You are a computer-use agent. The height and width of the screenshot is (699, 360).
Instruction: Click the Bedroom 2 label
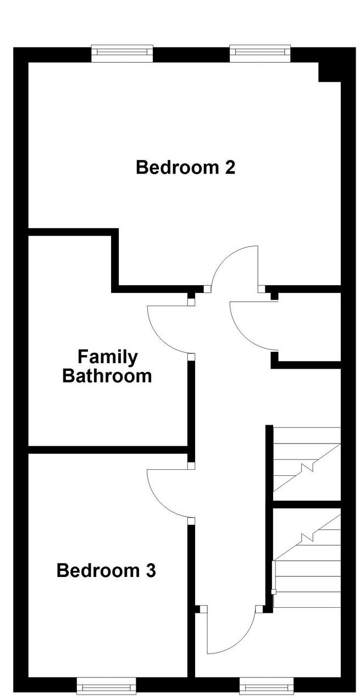coord(185,167)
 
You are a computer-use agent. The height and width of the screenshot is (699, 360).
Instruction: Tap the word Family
coord(107,357)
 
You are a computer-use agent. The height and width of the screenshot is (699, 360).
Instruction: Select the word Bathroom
coord(107,376)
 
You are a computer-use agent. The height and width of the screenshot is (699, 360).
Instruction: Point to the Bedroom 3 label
coord(106,571)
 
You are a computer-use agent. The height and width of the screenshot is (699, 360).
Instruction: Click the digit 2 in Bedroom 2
coord(230,167)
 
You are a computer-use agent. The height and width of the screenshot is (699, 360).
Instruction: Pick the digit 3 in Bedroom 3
coord(150,571)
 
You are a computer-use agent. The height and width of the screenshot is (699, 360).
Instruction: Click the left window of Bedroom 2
coord(121,52)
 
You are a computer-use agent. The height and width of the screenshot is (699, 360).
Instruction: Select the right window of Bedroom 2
coord(259,52)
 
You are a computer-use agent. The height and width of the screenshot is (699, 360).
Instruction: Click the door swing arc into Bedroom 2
coord(234,264)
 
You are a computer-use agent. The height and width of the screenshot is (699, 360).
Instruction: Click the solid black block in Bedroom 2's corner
coord(330,72)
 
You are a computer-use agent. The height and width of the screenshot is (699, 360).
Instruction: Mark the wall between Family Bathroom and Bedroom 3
coord(107,450)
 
